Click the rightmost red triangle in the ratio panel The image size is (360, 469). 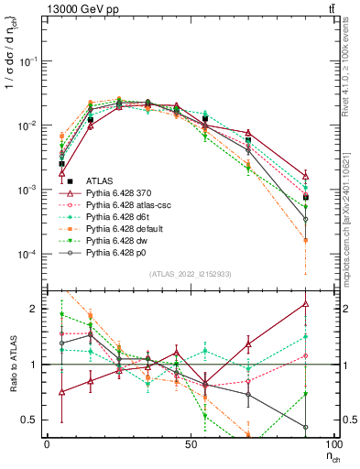(305, 304)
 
